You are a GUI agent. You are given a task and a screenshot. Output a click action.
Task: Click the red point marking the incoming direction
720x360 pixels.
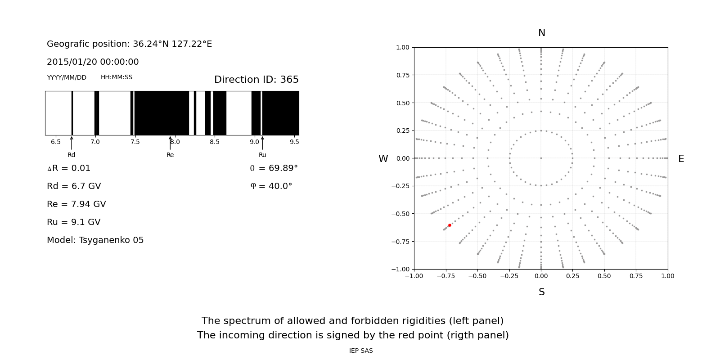(450, 225)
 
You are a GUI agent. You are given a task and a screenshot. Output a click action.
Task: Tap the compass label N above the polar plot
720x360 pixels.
(542, 33)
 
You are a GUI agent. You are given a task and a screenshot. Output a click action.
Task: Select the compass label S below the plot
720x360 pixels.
(542, 292)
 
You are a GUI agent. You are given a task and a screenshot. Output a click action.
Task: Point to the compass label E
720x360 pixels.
(681, 159)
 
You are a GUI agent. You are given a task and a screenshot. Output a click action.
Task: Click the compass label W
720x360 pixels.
(383, 159)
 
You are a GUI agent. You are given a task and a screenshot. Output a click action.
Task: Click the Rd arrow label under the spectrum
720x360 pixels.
(72, 155)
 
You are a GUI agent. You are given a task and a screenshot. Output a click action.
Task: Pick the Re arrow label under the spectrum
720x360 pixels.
(170, 155)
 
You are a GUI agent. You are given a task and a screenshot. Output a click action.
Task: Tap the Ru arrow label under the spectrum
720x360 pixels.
(262, 155)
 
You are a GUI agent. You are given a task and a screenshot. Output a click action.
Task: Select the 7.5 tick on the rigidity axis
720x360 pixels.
(135, 142)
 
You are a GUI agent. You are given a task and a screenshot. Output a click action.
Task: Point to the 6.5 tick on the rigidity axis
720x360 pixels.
(56, 142)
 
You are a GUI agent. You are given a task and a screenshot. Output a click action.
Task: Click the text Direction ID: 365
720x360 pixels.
(256, 80)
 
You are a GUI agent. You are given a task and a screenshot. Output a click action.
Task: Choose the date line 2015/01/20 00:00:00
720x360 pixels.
(93, 62)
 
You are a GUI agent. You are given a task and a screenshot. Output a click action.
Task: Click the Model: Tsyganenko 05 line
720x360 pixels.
(95, 240)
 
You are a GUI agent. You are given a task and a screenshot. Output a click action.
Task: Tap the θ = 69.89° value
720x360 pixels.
(274, 168)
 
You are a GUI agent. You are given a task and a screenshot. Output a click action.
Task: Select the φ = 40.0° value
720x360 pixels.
(271, 186)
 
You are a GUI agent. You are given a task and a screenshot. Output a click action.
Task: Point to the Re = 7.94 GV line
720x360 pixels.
(76, 204)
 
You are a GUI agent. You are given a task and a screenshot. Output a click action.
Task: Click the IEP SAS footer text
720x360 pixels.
(361, 351)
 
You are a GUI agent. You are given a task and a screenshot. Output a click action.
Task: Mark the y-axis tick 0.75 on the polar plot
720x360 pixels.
(403, 75)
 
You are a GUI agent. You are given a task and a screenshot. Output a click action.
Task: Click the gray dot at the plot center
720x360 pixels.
(541, 158)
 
